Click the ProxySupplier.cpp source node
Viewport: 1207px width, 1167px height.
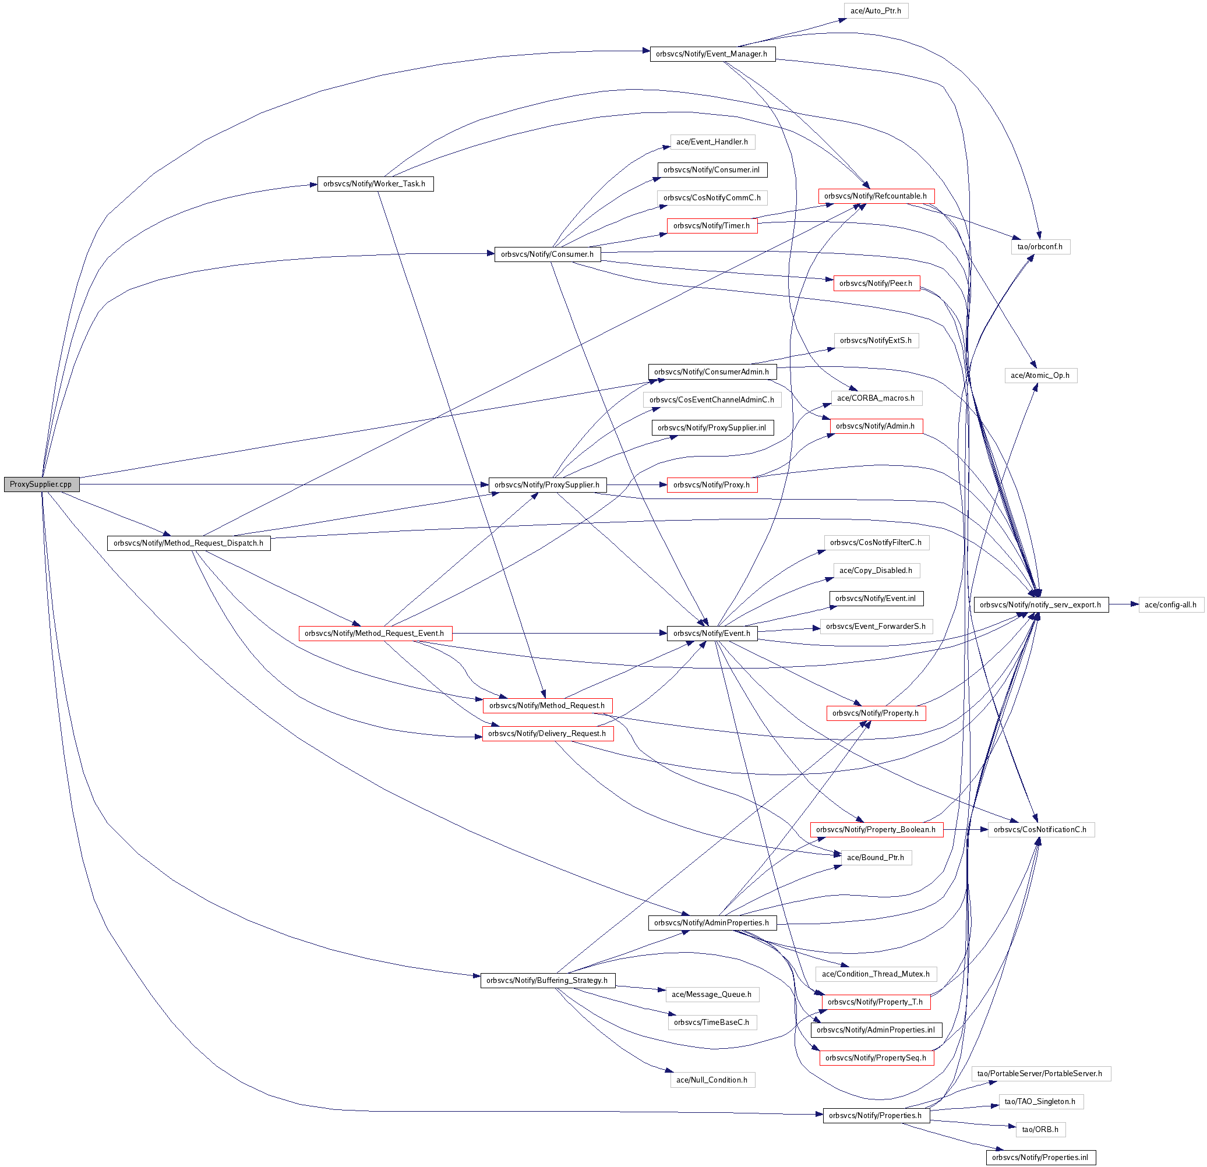pyautogui.click(x=41, y=484)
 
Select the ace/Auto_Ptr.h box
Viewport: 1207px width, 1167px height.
pyautogui.click(x=875, y=10)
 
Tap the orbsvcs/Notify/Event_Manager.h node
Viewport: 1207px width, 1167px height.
pyautogui.click(x=712, y=54)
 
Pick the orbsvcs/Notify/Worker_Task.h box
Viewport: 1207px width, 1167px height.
pyautogui.click(x=375, y=183)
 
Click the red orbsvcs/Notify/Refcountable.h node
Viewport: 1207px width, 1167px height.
pyautogui.click(x=876, y=196)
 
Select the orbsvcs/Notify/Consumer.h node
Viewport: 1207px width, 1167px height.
pyautogui.click(x=547, y=253)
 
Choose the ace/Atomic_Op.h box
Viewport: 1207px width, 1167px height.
pyautogui.click(x=1040, y=375)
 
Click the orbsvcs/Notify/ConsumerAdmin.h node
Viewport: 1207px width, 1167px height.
pyautogui.click(x=712, y=372)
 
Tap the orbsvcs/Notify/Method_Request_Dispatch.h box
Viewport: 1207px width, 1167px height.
pyautogui.click(x=188, y=543)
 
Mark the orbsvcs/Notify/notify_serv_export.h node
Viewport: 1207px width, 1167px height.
pyautogui.click(x=1040, y=604)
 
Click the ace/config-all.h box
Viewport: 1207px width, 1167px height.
pyautogui.click(x=1170, y=604)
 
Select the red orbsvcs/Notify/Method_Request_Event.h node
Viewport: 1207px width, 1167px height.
pyautogui.click(x=375, y=633)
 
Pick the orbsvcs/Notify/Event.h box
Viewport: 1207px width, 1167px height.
pyautogui.click(x=712, y=633)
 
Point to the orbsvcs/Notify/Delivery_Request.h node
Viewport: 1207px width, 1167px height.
pyautogui.click(x=547, y=733)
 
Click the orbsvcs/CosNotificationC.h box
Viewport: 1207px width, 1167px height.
pyautogui.click(x=1040, y=829)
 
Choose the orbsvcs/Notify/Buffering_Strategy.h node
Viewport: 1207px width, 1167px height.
pyautogui.click(x=547, y=980)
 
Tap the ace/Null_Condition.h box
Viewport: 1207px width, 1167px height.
pyautogui.click(x=712, y=1080)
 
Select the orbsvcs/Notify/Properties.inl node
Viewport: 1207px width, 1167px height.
pyautogui.click(x=1040, y=1157)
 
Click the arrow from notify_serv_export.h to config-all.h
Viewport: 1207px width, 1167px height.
pyautogui.click(x=1123, y=604)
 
